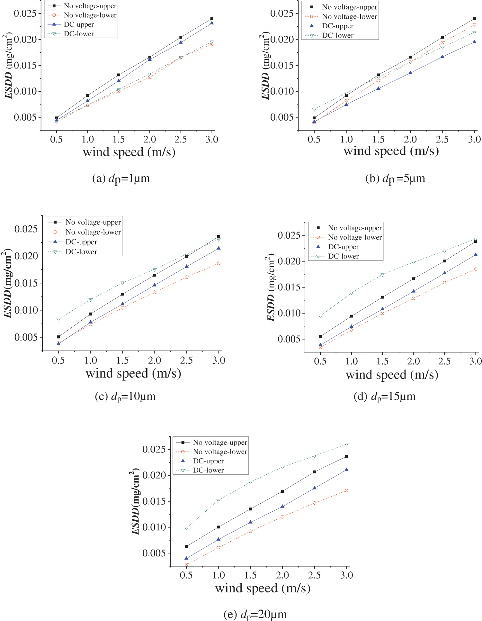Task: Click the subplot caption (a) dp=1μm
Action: tap(121, 178)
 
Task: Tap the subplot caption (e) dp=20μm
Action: tap(255, 614)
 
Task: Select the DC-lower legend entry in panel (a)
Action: tap(79, 34)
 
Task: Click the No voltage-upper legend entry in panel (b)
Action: tap(350, 7)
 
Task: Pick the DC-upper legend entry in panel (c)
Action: tap(81, 242)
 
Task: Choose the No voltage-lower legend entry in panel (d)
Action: tap(355, 237)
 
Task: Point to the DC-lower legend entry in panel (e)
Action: tap(208, 470)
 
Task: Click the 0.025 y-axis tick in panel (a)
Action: tap(25, 14)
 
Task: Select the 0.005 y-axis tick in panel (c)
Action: tap(26, 337)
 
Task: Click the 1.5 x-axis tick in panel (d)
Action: tap(382, 361)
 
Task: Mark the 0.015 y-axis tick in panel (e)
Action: tap(154, 501)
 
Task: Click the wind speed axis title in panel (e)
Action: tap(263, 588)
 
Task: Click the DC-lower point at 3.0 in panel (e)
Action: tap(346, 444)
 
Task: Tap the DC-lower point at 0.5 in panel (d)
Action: tap(320, 316)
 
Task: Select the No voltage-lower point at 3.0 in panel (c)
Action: tap(219, 263)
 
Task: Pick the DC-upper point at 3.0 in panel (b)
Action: tap(474, 42)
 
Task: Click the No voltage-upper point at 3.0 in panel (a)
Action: tap(212, 19)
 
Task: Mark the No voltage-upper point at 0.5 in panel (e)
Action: tap(186, 546)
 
